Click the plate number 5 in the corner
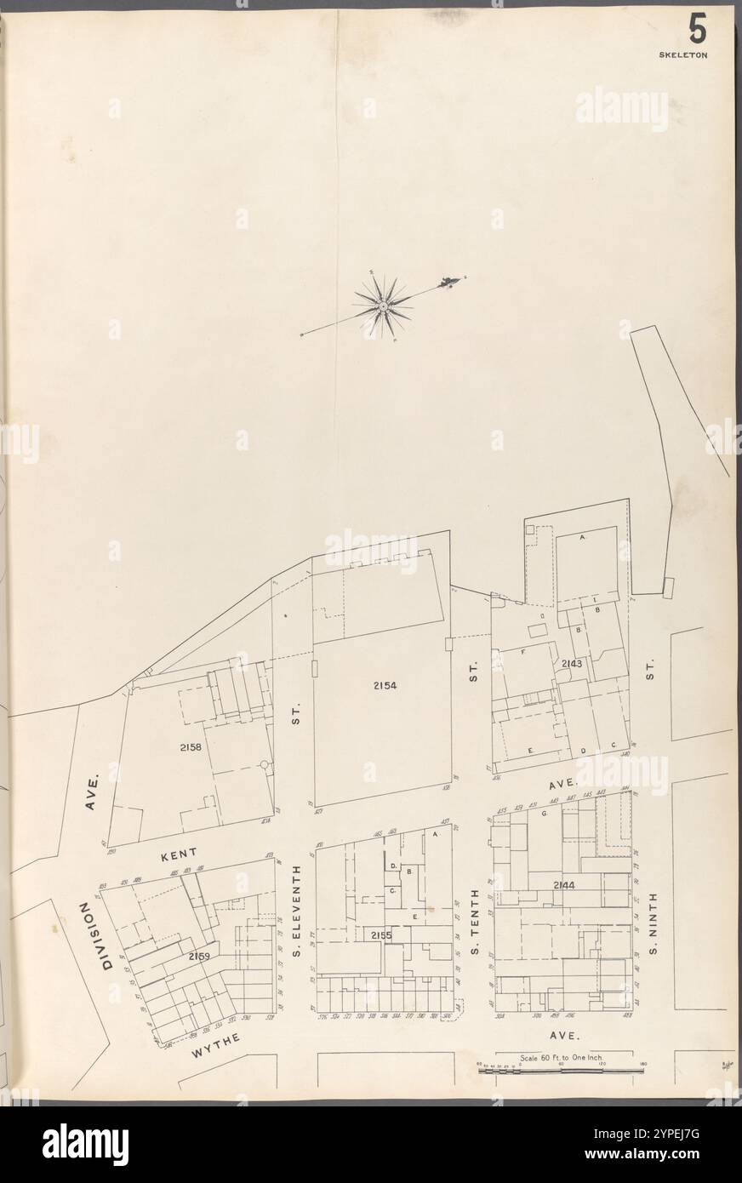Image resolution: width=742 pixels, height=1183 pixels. pos(697,31)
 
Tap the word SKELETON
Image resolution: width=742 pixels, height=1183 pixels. pos(684,54)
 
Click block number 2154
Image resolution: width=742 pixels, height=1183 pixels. pos(384,685)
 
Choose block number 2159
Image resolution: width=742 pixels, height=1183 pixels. pos(199,957)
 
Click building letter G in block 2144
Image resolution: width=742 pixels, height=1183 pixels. pos(543,814)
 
